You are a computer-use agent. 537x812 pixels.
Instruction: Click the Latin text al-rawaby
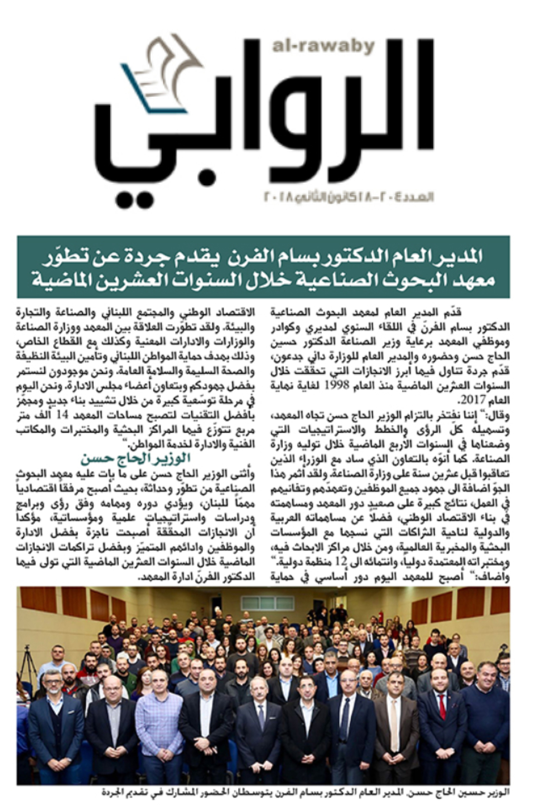[323, 47]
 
